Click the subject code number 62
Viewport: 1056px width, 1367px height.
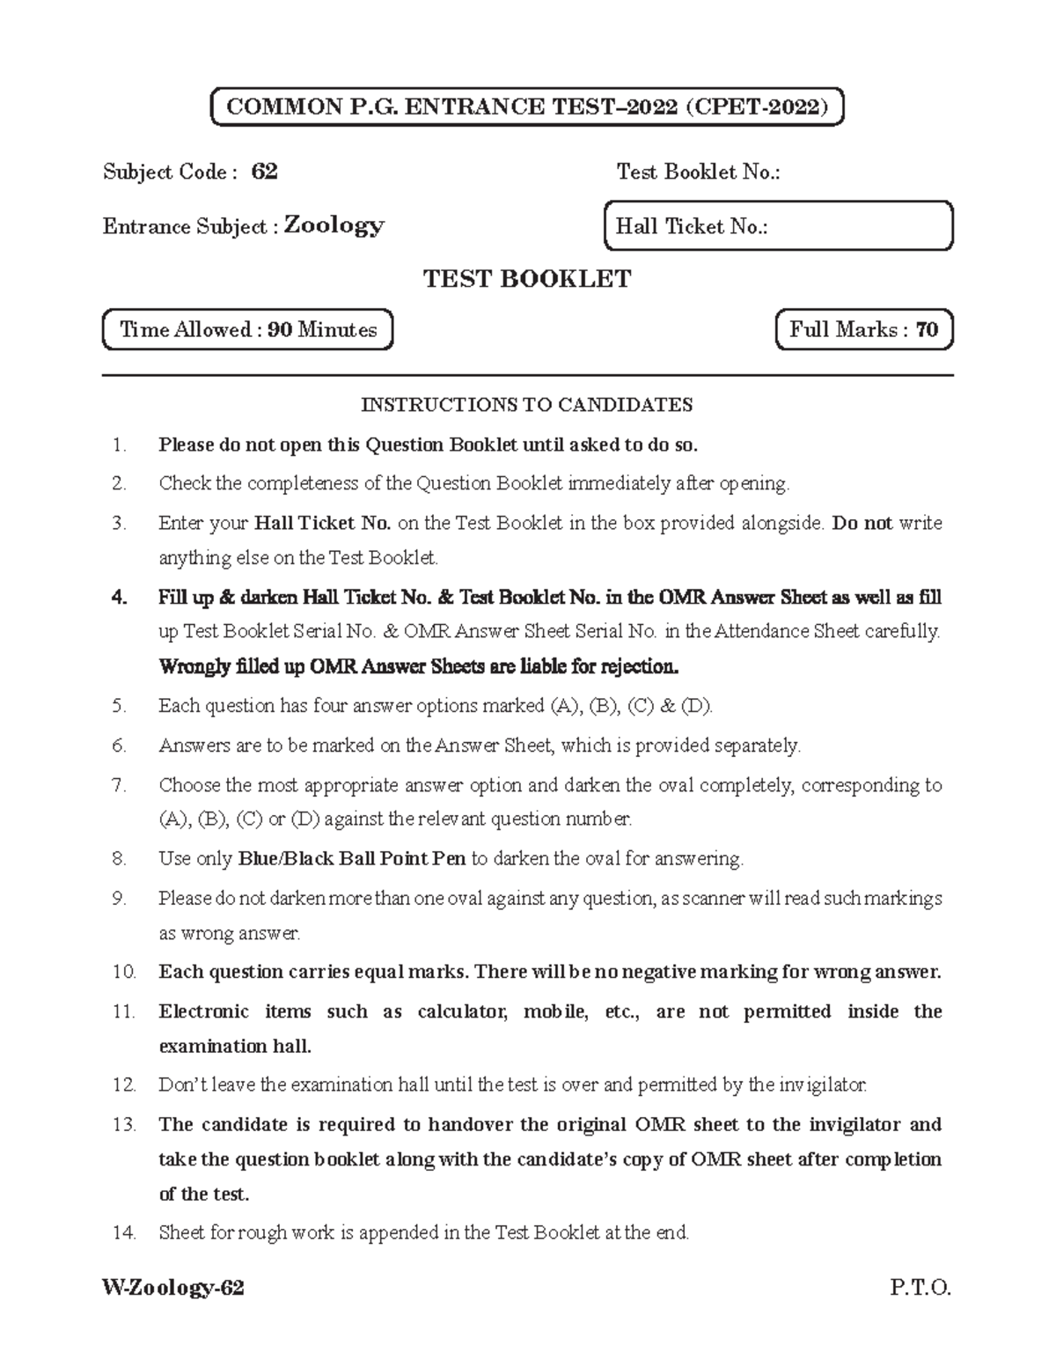click(x=264, y=172)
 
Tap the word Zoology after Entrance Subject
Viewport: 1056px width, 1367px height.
click(x=334, y=226)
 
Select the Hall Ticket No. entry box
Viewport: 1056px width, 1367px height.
click(x=778, y=226)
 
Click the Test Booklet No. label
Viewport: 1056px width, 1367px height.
click(x=698, y=172)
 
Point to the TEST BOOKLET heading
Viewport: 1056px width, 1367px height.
click(x=527, y=279)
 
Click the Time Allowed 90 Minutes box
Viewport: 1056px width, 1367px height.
click(x=247, y=330)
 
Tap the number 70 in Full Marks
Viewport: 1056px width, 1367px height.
click(x=926, y=330)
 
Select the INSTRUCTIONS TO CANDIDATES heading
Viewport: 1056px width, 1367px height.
click(x=527, y=405)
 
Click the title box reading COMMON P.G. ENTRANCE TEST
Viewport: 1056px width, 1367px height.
click(x=527, y=107)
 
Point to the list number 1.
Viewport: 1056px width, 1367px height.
click(x=120, y=445)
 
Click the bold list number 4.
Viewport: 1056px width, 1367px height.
click(x=120, y=598)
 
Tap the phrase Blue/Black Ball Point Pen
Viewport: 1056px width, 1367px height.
click(x=352, y=858)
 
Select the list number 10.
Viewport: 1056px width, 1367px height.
click(x=124, y=973)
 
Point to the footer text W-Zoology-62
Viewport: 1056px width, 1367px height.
click(x=173, y=1289)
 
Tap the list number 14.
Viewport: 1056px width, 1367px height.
click(x=124, y=1233)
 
